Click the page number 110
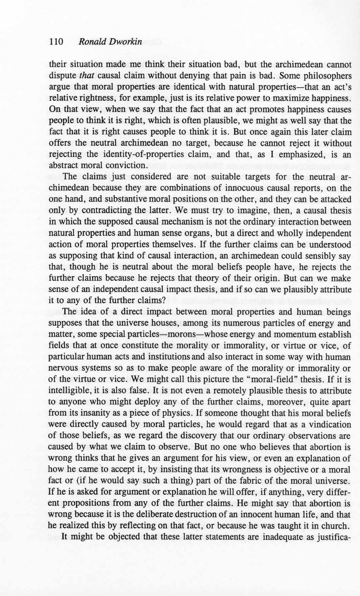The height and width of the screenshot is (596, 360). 56,42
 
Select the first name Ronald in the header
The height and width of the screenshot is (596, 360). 90,42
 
